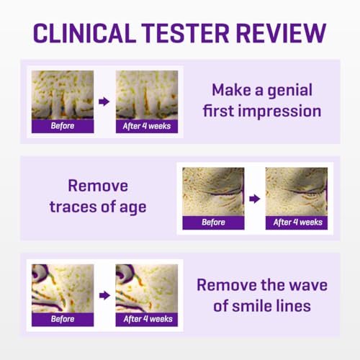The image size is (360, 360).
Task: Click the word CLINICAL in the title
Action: pos(84,33)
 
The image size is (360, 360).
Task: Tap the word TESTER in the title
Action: pos(185,33)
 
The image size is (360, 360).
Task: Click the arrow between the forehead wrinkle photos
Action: pos(104,102)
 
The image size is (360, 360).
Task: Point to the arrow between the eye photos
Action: pos(255,199)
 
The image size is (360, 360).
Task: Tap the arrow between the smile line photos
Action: pos(104,295)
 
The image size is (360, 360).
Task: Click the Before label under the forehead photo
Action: pos(63,126)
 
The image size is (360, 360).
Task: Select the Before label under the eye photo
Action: pos(213,222)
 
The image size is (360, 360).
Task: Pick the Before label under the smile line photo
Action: pos(63,319)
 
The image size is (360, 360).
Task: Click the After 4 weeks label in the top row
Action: pos(147,126)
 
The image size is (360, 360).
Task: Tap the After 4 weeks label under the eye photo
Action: pos(298,222)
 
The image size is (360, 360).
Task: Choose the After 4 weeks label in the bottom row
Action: pos(148,319)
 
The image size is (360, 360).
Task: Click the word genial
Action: pos(290,91)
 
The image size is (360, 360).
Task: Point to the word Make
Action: pos(231,90)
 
